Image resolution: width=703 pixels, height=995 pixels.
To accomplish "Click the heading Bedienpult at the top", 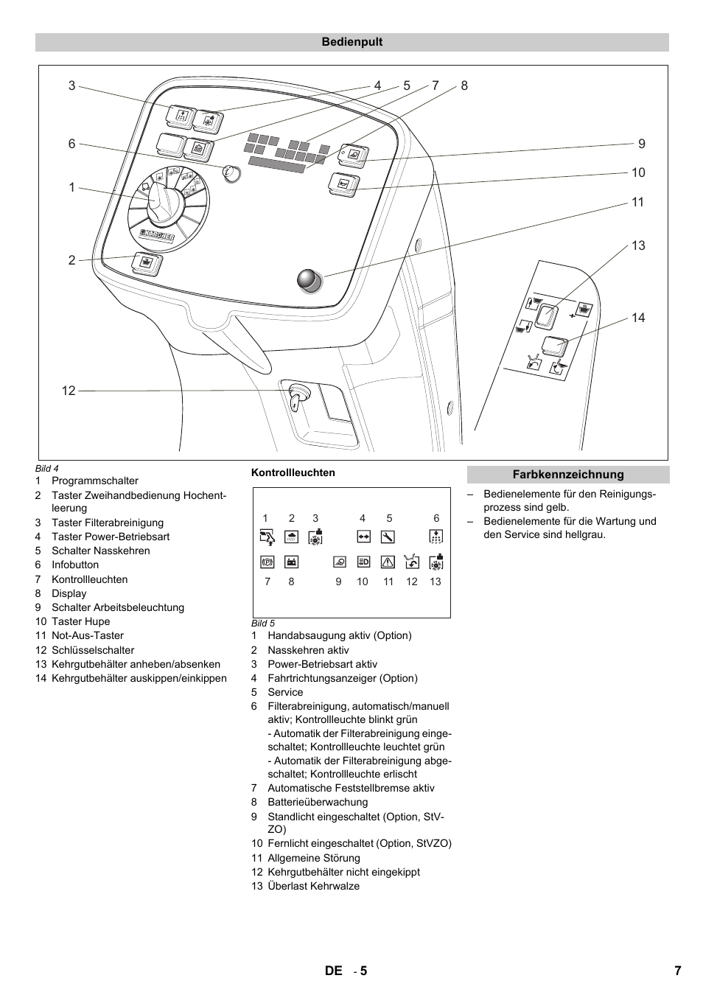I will tap(351, 42).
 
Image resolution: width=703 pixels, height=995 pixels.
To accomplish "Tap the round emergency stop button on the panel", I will tap(309, 280).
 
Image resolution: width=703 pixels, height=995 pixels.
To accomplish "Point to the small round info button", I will tap(231, 174).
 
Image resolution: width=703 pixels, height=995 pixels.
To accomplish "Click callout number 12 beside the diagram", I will tap(69, 391).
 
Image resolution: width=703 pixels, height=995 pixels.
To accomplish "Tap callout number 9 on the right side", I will tap(641, 144).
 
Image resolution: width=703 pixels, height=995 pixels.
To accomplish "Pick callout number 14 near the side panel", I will tap(637, 318).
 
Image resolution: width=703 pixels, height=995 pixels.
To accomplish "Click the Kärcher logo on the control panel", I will tap(157, 236).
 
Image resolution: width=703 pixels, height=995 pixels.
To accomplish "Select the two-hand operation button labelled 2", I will tap(146, 263).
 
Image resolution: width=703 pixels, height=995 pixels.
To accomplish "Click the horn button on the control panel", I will tap(343, 184).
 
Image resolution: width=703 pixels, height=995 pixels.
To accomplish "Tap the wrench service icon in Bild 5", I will tap(388, 537).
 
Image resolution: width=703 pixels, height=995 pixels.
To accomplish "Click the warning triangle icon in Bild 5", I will tap(388, 562).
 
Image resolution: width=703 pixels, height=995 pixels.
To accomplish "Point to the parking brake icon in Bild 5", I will tap(267, 562).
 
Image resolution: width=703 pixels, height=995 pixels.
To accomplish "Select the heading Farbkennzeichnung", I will tap(567, 475).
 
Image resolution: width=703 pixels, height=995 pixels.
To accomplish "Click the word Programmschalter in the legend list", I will tap(95, 481).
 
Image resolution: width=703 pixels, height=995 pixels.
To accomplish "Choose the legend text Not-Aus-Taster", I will tap(88, 635).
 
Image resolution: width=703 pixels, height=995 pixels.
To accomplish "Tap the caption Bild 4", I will tap(47, 468).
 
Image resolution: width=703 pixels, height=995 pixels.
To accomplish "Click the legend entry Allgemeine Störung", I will tap(314, 858).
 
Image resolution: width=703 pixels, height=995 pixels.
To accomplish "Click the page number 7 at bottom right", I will tap(677, 971).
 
